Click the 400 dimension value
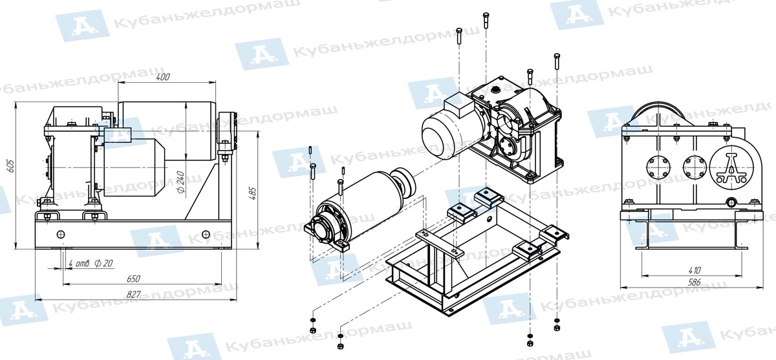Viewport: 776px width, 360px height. click(163, 77)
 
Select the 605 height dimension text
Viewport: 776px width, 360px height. click(11, 166)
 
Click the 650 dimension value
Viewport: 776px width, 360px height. click(134, 279)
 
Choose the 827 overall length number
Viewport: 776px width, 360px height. click(134, 294)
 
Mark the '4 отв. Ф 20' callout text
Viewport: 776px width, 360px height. click(91, 264)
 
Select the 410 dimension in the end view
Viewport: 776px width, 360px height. click(692, 270)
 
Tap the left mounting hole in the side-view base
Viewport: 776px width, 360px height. click(61, 235)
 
